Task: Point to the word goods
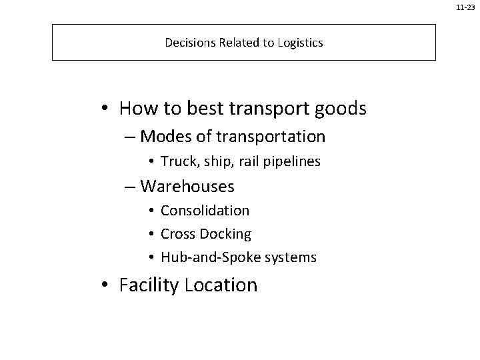point(342,108)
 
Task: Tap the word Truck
point(175,162)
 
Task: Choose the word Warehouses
point(187,186)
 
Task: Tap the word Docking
point(229,234)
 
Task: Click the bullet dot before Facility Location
point(107,286)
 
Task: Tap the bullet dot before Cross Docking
point(152,235)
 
